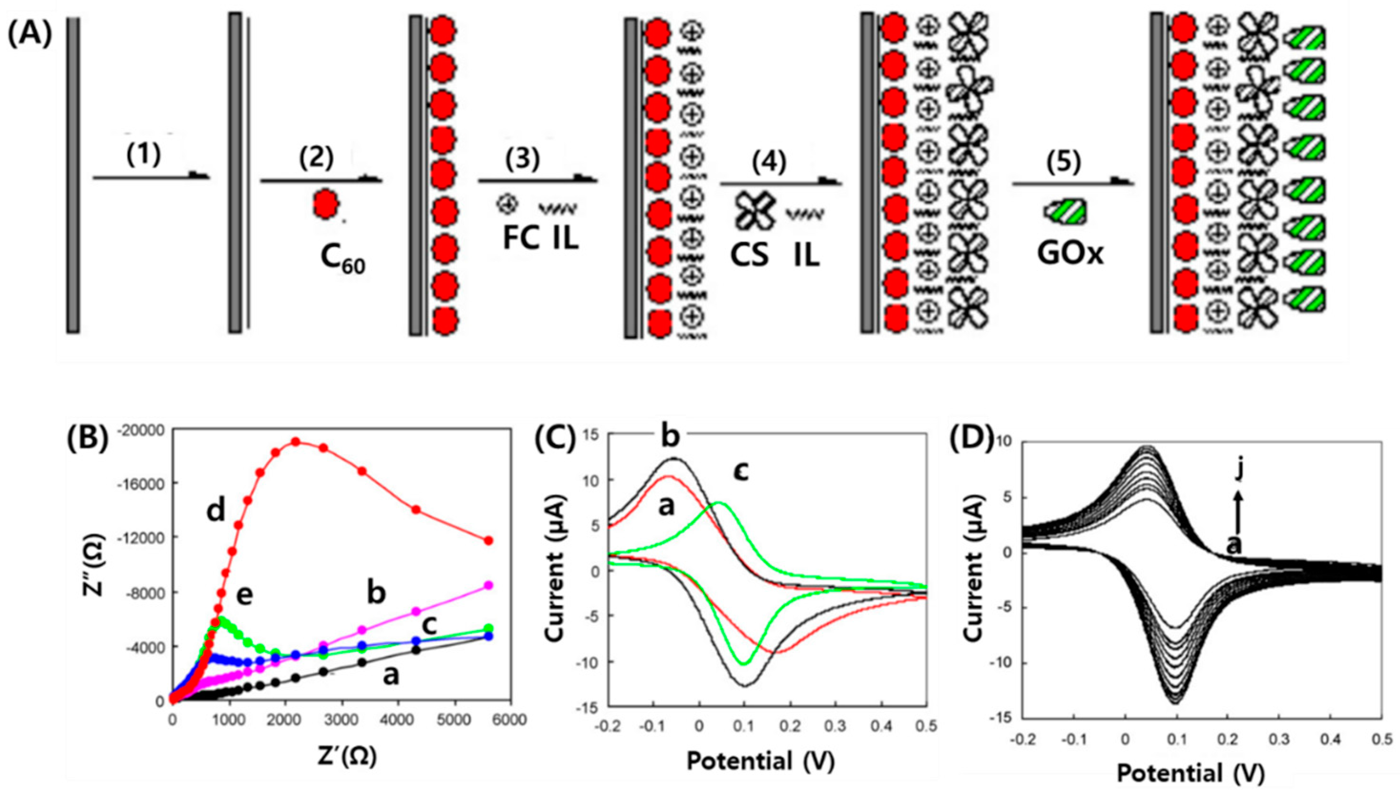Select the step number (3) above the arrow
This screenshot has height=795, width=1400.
click(522, 159)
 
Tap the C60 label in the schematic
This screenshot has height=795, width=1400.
click(343, 260)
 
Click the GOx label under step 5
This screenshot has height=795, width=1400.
click(1070, 253)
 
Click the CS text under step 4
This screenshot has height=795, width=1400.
click(750, 254)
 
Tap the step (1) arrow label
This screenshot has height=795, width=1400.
click(144, 156)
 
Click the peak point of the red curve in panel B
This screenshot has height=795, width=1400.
click(295, 441)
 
